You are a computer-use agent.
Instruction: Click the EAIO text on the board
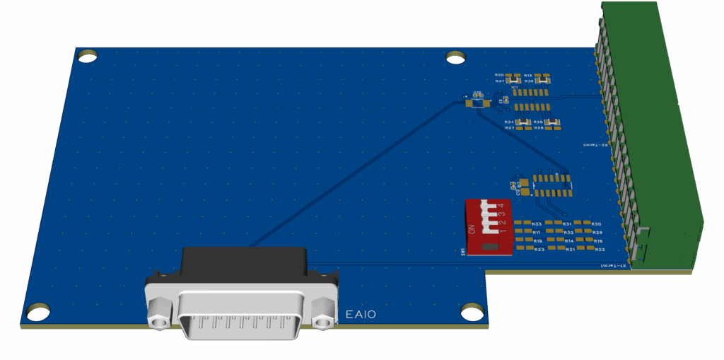361,315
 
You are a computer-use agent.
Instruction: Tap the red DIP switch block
488,227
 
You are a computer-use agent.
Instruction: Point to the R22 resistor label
600,250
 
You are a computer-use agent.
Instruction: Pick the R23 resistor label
539,250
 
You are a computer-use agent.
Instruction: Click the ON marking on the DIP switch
472,229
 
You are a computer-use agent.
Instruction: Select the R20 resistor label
499,75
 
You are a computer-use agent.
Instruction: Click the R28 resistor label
539,128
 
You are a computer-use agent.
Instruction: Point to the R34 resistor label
508,122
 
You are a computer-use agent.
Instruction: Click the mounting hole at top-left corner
88,55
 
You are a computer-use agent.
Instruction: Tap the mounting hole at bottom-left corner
38,310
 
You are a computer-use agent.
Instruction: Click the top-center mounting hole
456,56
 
